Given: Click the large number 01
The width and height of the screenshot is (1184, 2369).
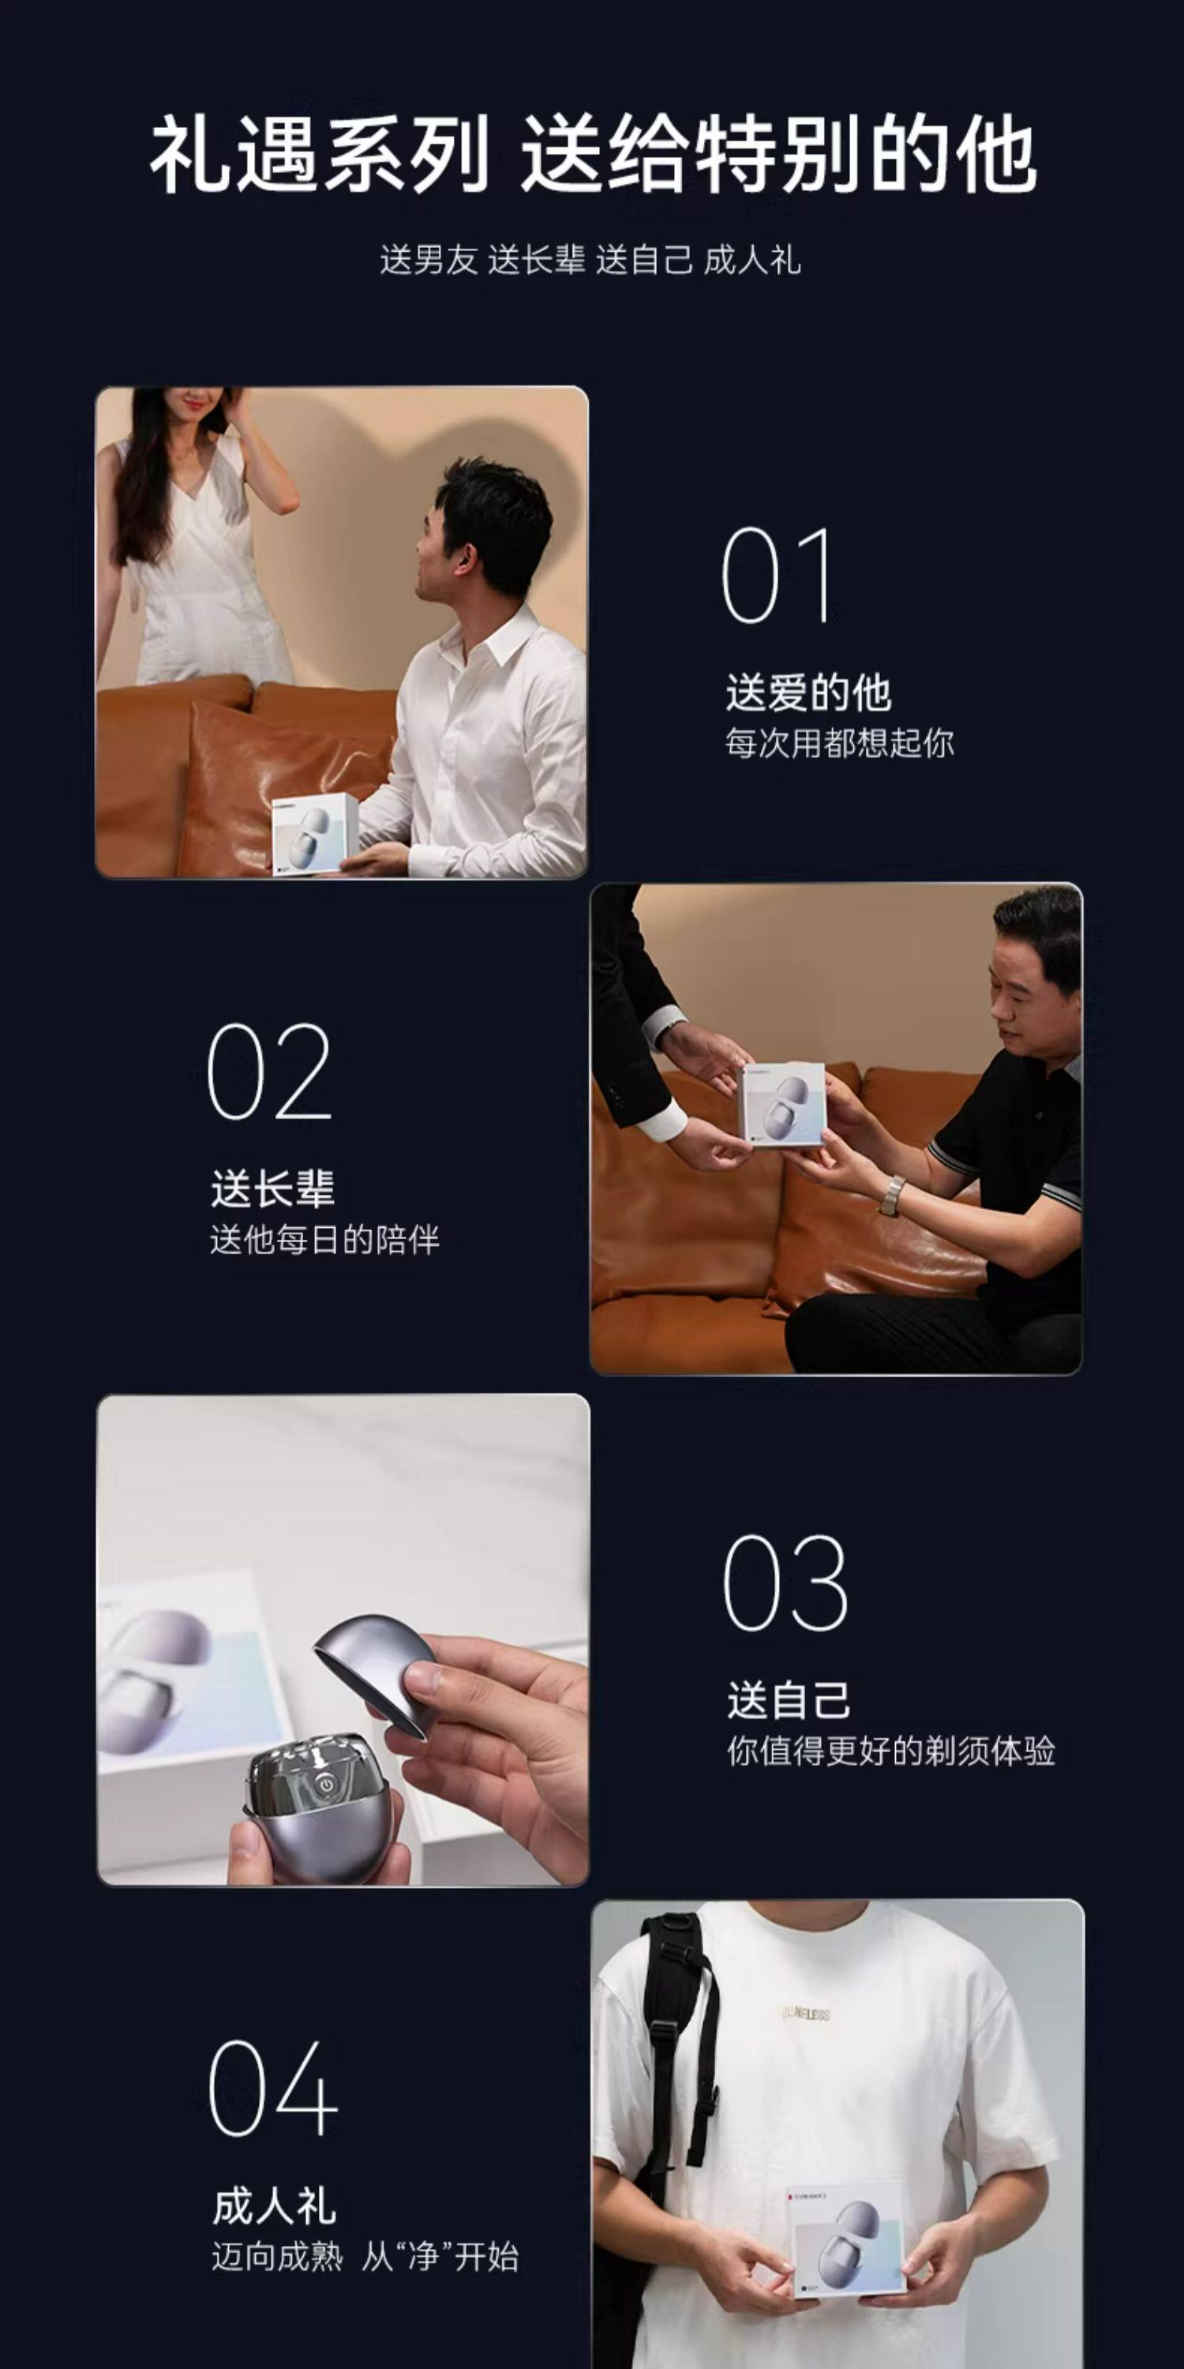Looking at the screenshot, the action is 777,576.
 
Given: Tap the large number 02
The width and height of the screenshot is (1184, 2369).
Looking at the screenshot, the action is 269,1072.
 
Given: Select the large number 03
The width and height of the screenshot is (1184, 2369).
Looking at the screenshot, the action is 785,1582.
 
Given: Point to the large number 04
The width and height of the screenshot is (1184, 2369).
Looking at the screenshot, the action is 273,2088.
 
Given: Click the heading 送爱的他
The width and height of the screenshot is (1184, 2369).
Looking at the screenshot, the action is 808,693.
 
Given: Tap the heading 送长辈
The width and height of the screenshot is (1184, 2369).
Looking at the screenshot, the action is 272,1188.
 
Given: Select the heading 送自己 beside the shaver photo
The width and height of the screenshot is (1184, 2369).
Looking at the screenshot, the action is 789,1699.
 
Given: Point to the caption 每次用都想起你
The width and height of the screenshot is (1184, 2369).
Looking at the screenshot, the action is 839,743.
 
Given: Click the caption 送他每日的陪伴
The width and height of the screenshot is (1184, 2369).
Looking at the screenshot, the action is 324,1240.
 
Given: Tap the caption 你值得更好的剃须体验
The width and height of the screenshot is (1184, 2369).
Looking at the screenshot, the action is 890,1751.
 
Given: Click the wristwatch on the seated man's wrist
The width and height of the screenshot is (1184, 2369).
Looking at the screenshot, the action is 890,1196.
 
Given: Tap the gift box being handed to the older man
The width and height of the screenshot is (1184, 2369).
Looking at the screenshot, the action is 782,1104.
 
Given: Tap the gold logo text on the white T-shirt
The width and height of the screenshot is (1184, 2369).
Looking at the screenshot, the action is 805,2014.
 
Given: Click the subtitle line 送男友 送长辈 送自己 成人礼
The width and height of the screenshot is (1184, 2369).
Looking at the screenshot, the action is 590,261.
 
